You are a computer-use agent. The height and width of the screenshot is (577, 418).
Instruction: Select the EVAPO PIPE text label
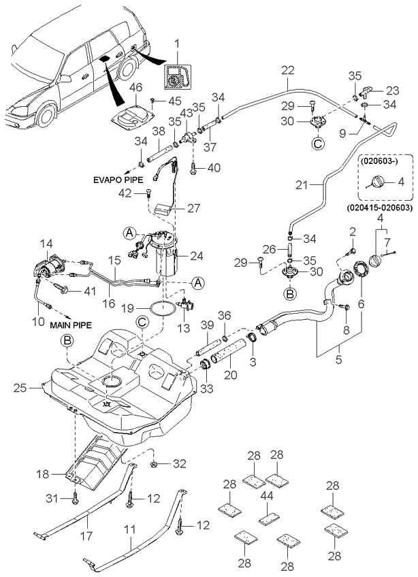pos(117,182)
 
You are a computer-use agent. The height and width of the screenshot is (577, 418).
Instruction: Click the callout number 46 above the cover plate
pos(135,88)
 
